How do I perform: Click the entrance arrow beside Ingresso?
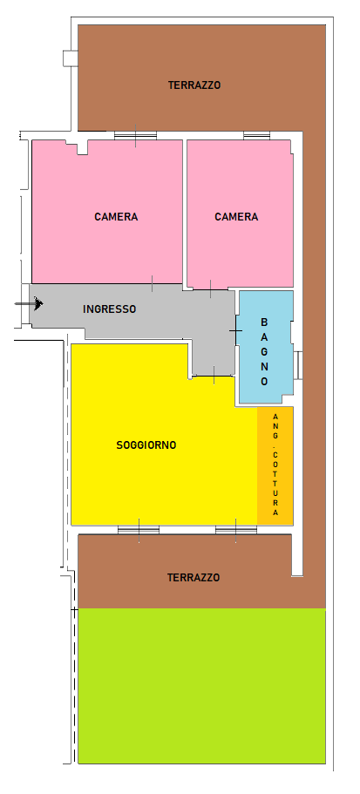coord(29,303)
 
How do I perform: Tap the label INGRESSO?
coord(109,309)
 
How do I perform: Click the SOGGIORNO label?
coord(146,445)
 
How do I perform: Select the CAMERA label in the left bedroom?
coord(116,217)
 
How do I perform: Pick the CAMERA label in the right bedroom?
coord(236,217)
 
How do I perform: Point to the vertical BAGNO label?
coord(264,351)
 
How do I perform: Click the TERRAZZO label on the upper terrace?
coord(194,85)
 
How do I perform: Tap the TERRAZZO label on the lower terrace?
coord(194,577)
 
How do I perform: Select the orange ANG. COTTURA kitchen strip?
coord(275,465)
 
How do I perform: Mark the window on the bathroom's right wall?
coord(298,365)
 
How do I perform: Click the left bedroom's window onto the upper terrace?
coord(135,135)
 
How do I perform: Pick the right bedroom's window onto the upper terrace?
coord(257,135)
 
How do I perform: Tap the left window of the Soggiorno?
coord(139,530)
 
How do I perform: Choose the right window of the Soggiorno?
coord(236,530)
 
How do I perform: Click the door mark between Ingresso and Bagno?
coord(236,330)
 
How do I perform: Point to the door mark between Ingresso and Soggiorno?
coord(214,376)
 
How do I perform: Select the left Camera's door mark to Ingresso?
coord(152,284)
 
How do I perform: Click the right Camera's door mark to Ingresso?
coord(211,289)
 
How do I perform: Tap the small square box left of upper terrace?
coord(71,58)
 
